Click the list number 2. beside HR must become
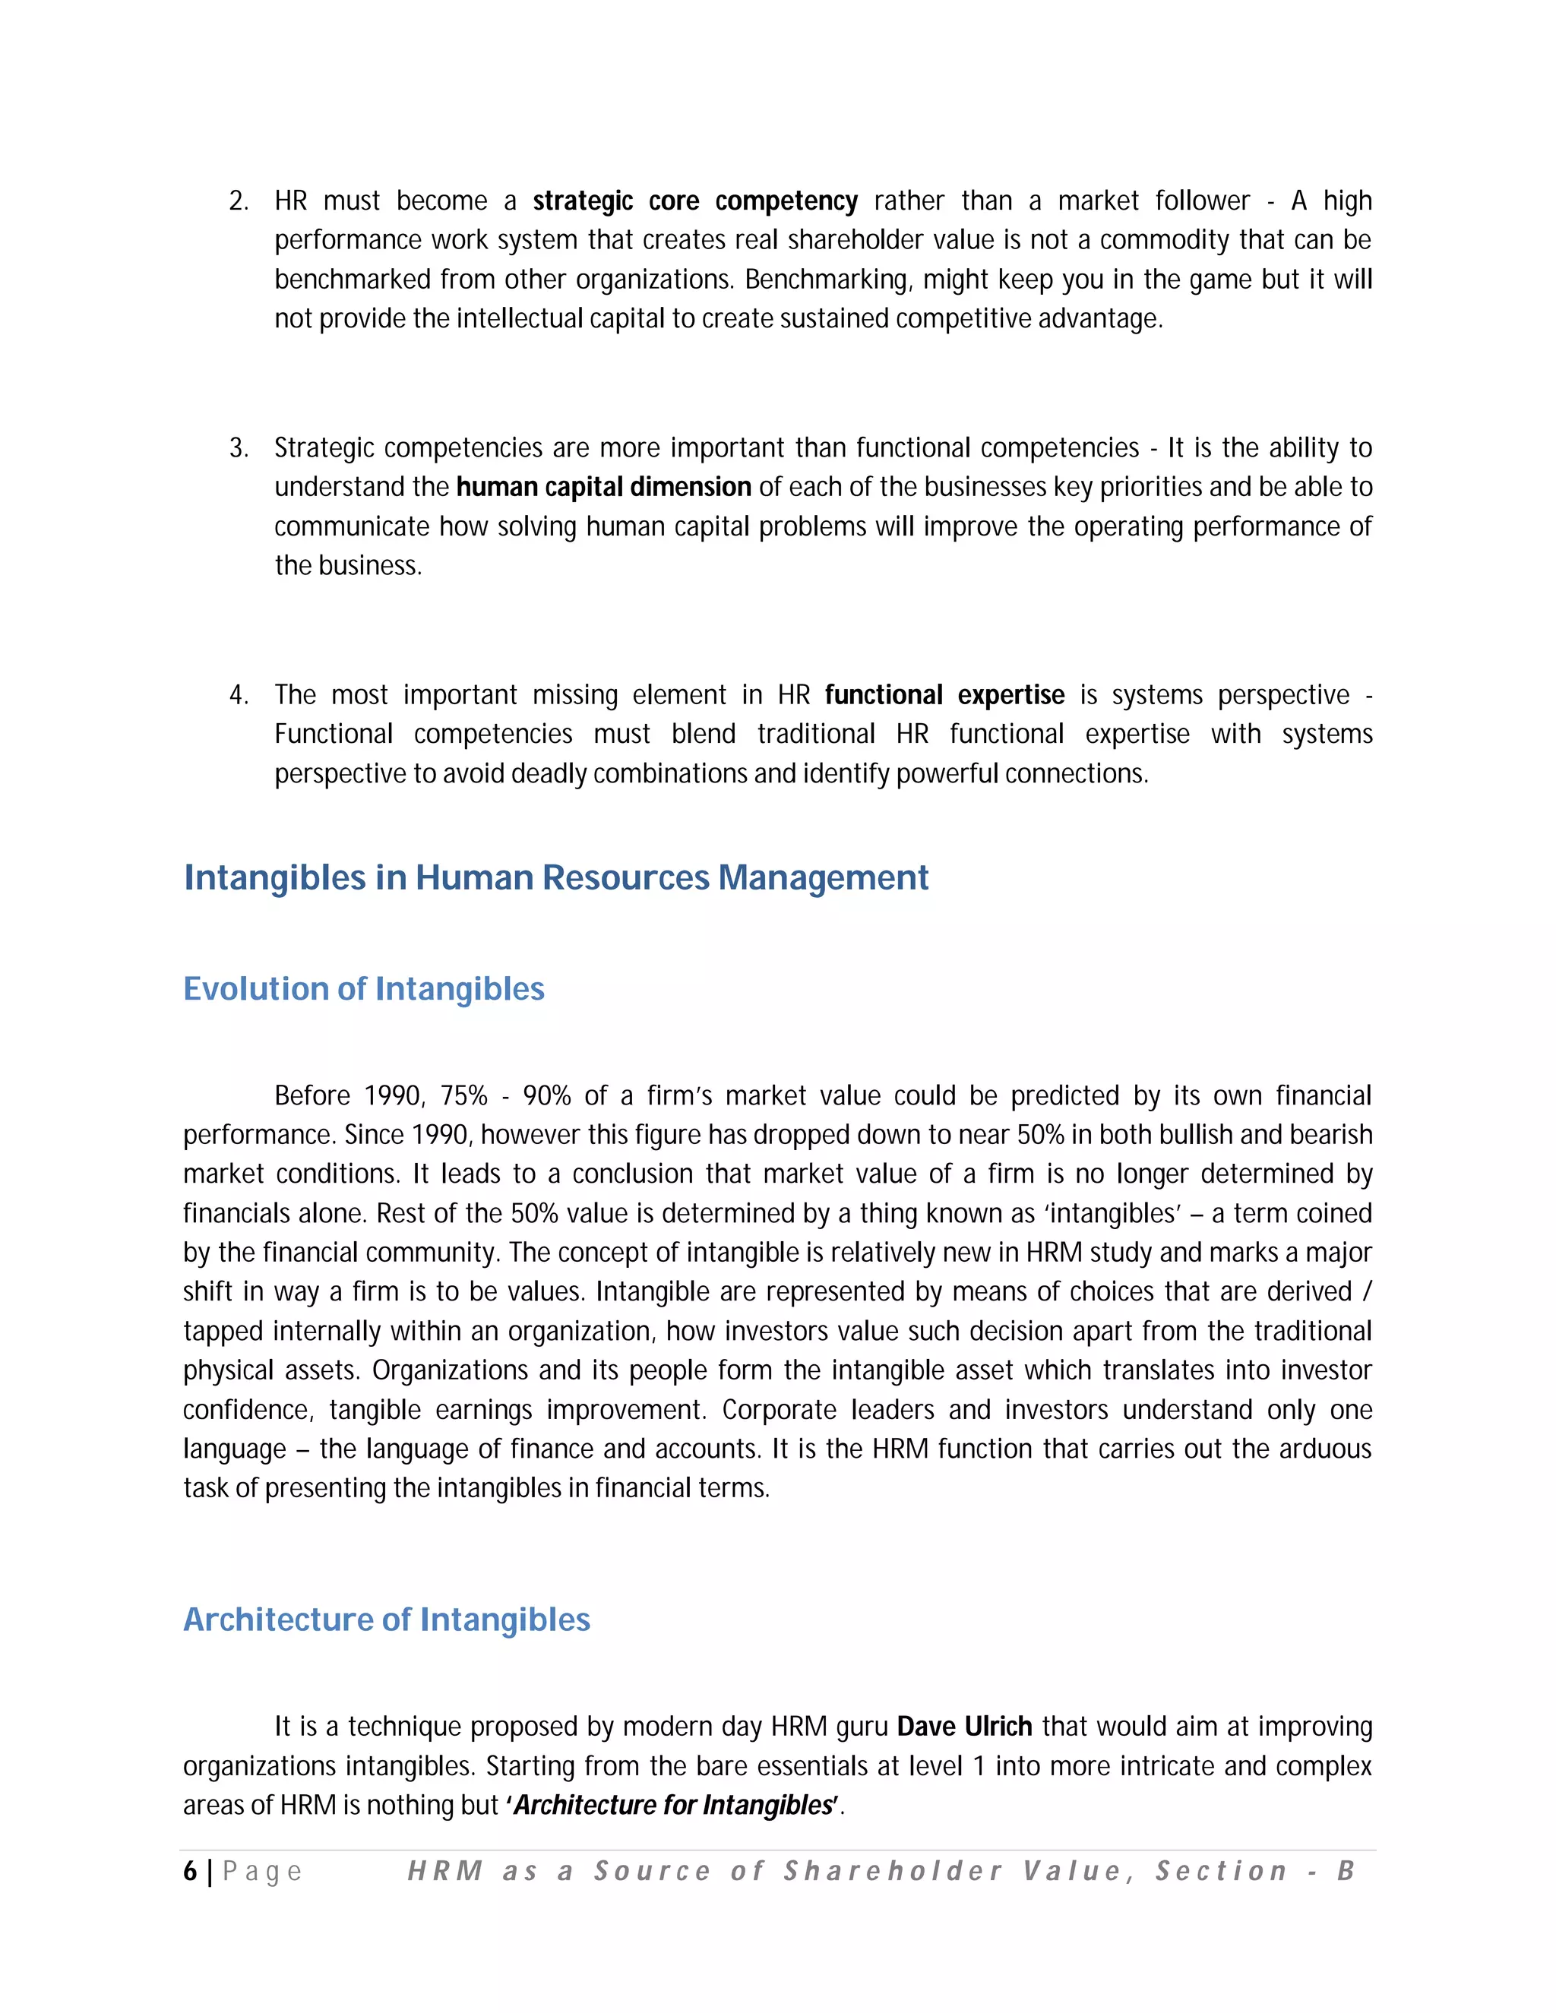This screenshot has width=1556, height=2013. coord(239,201)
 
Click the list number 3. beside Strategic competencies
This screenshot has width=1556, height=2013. coord(239,448)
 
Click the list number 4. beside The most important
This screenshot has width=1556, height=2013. coord(239,695)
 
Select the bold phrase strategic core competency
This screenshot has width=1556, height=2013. coord(695,201)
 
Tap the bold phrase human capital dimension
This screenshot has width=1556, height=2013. coord(604,487)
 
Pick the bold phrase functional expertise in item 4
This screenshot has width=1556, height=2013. coord(944,695)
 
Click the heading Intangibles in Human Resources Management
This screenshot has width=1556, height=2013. coord(556,877)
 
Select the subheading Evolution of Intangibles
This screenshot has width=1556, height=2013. coord(364,989)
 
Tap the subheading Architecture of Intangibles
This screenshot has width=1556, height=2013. coord(386,1620)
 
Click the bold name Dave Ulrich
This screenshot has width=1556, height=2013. coord(964,1727)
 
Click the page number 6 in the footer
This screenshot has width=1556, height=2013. coord(190,1871)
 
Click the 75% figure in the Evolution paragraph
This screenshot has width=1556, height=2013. coord(463,1096)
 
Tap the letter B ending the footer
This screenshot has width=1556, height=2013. coord(1345,1871)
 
